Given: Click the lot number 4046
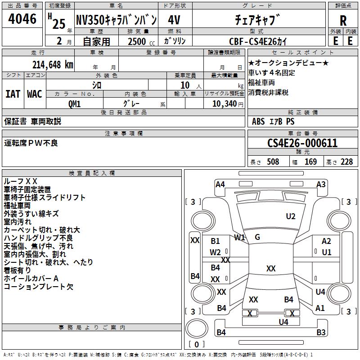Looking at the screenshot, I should click(22, 19).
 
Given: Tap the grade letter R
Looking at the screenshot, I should click(343, 20).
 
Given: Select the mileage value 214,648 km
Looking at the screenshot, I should click(53, 64).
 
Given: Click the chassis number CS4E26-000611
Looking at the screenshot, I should click(302, 144).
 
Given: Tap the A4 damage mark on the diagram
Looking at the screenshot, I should click(220, 184).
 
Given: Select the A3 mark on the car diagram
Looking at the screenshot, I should click(321, 184).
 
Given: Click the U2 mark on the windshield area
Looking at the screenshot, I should click(291, 216).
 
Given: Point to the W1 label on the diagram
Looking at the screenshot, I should click(239, 237).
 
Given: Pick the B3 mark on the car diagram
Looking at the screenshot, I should click(321, 333).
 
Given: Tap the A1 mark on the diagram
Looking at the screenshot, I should click(320, 308).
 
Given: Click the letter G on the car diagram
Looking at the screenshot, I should click(257, 237).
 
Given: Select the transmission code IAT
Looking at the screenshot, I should click(13, 94).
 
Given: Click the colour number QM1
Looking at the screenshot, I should click(74, 104).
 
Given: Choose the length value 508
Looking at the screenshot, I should click(273, 162).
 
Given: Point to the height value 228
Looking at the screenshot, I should click(346, 162).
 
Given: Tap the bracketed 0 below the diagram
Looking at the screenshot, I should click(196, 345).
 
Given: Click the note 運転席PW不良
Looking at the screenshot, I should click(31, 143).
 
